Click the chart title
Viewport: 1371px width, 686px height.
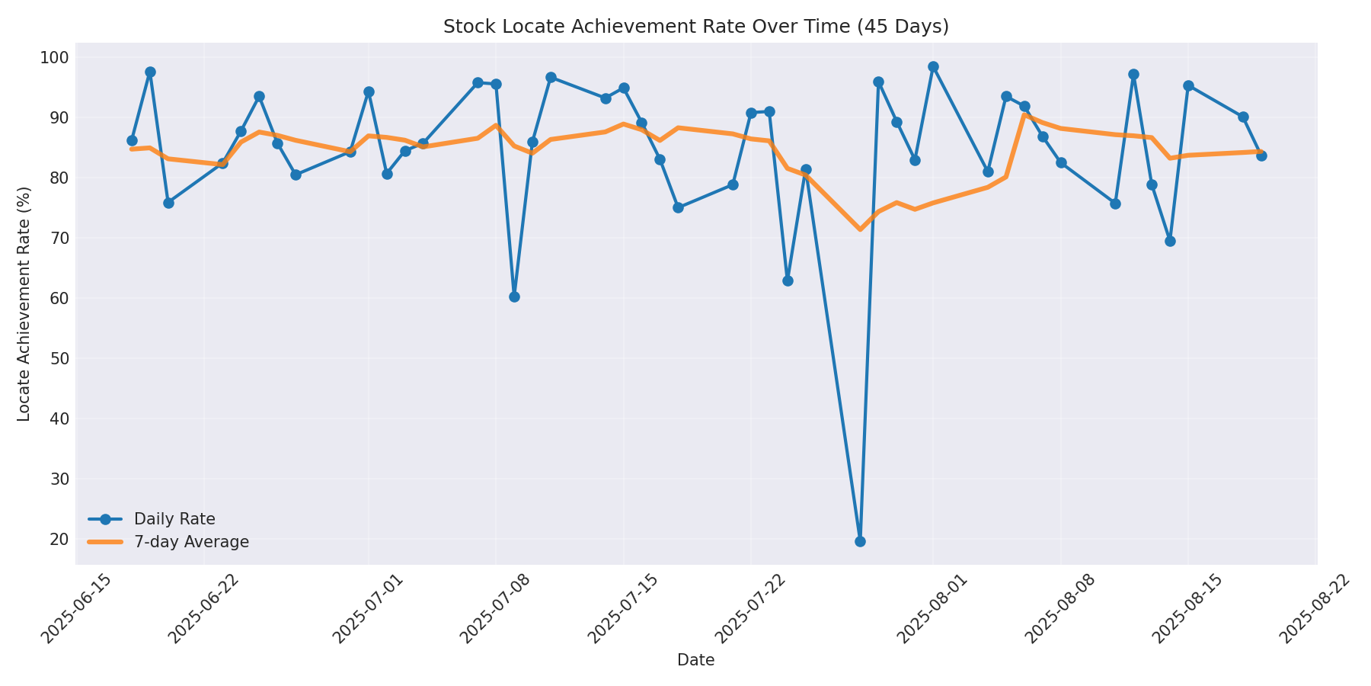point(695,27)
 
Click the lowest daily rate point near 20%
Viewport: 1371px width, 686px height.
point(860,541)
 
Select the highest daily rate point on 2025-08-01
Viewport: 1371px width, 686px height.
point(933,67)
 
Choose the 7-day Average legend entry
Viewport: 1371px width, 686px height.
point(191,542)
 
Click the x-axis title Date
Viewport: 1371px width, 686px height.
point(695,661)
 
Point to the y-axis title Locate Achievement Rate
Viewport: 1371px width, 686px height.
point(24,303)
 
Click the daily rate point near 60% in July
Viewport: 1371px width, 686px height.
point(514,297)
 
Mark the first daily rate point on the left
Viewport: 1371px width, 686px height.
point(132,140)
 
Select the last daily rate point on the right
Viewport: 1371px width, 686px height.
point(1261,155)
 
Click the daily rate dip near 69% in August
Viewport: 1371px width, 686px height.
point(1170,241)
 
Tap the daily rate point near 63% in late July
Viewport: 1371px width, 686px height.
point(788,280)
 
